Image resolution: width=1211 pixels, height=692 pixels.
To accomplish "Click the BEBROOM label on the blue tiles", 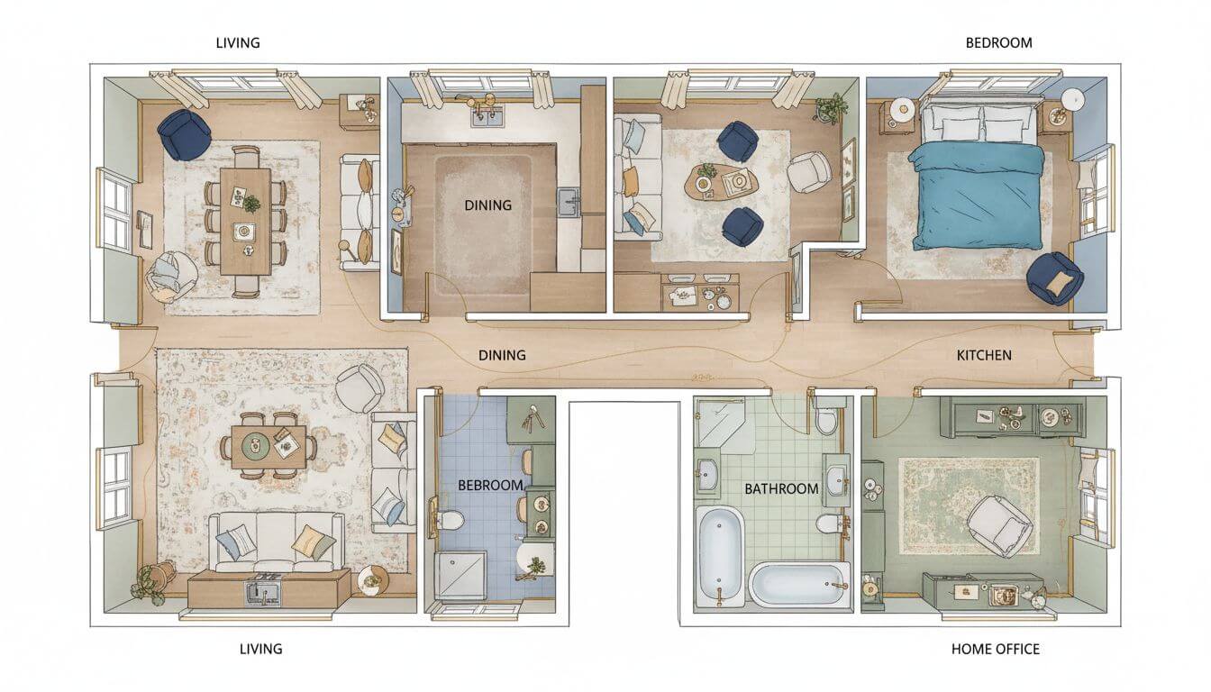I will (490, 485).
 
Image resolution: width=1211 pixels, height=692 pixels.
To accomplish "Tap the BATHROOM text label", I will (781, 488).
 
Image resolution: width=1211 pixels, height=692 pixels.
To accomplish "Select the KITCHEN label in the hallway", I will (983, 355).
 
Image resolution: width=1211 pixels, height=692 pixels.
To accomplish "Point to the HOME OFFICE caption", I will (995, 649).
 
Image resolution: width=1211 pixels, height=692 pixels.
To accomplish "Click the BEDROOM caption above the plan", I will (998, 42).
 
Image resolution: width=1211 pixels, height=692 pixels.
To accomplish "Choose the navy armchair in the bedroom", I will (1055, 277).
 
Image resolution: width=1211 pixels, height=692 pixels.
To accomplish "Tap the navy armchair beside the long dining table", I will (184, 134).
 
